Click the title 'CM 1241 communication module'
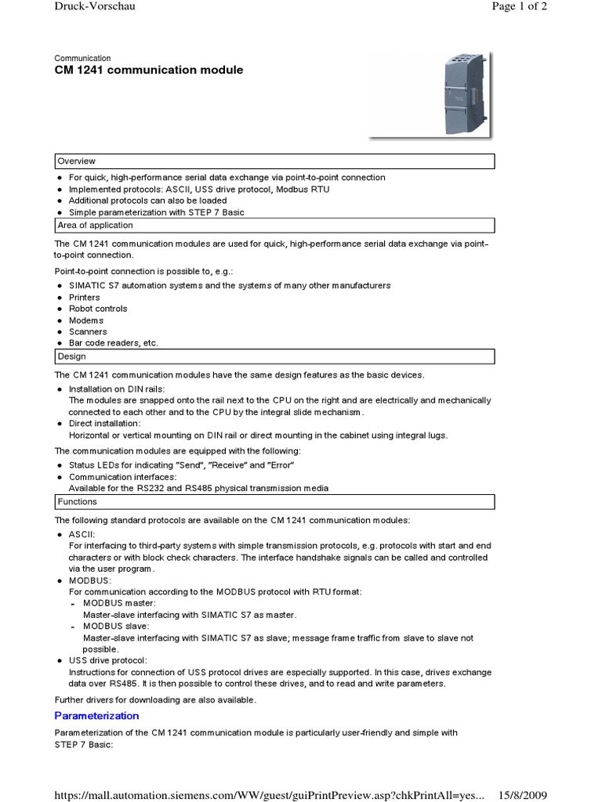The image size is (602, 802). click(x=148, y=70)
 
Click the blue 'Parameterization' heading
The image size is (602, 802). click(x=96, y=716)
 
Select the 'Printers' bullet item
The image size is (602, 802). click(x=85, y=298)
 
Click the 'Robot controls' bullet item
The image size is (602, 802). click(x=98, y=309)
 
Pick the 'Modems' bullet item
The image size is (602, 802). click(x=86, y=320)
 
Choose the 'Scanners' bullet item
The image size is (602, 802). click(x=88, y=332)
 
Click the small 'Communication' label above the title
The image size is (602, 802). click(x=82, y=58)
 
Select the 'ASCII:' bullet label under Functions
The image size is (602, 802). click(x=82, y=534)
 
